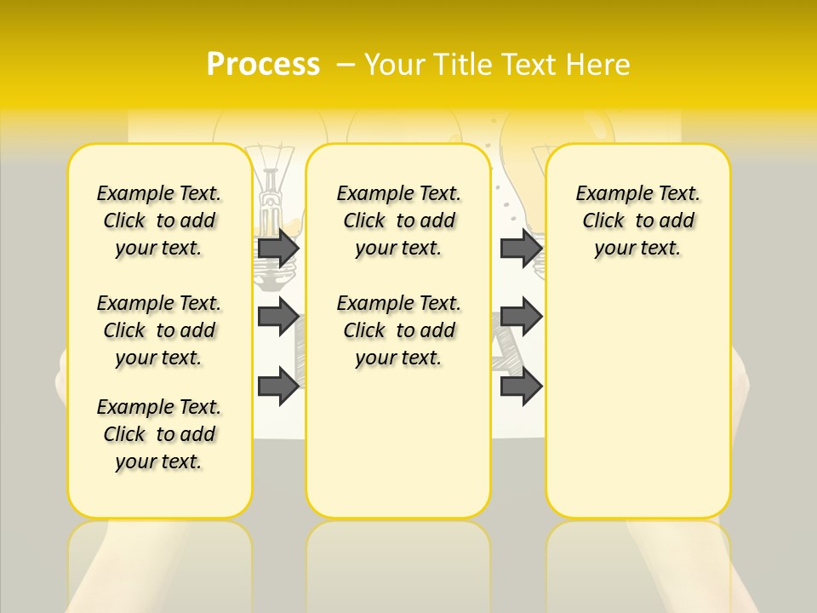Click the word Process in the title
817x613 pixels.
pos(263,64)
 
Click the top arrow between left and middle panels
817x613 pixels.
pos(278,248)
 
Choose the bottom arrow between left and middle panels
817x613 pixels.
pos(278,386)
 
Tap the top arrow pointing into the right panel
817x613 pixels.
pos(521,248)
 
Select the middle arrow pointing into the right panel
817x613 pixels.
pos(521,317)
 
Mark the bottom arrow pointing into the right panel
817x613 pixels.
pos(521,386)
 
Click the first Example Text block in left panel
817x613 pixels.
pos(159,221)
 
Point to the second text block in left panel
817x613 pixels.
pos(159,330)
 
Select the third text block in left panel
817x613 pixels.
pos(159,434)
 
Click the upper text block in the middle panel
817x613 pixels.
pos(398,221)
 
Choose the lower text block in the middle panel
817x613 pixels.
pos(398,330)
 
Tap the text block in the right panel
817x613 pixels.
pos(637,221)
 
